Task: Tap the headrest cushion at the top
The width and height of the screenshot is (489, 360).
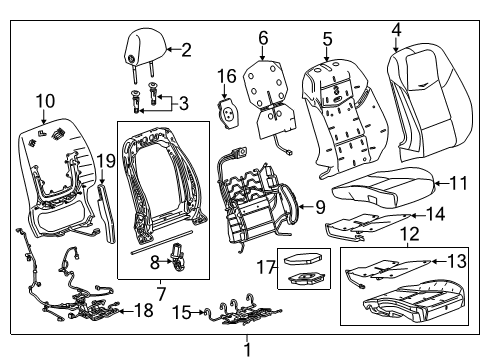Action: pos(142,45)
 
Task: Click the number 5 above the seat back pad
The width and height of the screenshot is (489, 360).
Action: pos(326,39)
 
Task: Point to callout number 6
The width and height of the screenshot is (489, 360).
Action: pos(263,38)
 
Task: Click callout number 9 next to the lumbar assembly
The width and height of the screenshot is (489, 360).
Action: pos(320,207)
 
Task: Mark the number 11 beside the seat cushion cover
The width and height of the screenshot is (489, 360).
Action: pos(458,183)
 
